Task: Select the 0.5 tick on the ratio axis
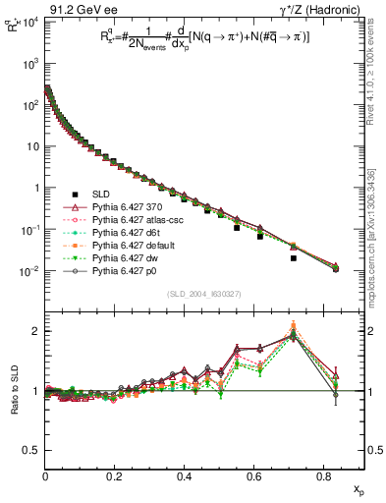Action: tap(31, 449)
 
